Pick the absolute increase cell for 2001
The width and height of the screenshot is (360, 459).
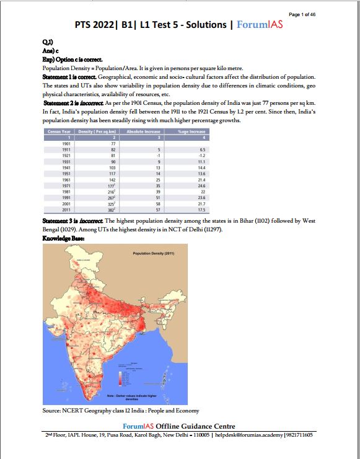pos(158,203)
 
